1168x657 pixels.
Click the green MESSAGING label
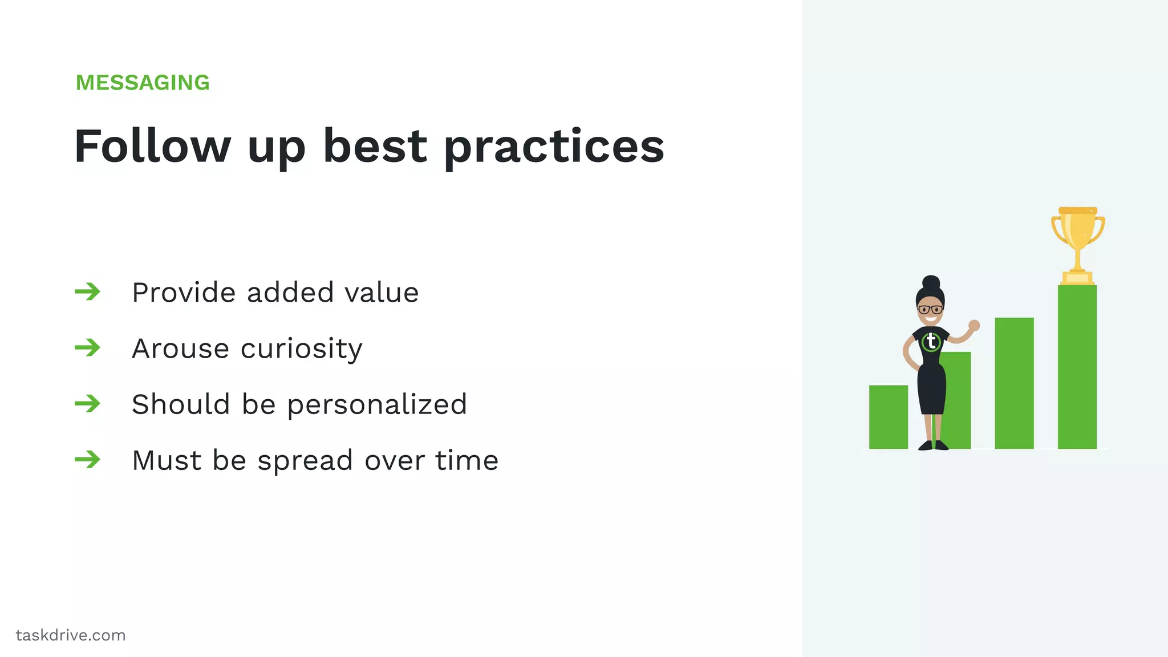tap(143, 83)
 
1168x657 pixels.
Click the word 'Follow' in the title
tap(152, 146)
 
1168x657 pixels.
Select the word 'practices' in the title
tap(554, 147)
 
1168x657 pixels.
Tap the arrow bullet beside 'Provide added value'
tap(87, 292)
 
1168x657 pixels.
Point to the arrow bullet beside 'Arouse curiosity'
tap(87, 347)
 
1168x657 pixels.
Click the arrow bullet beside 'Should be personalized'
tap(87, 404)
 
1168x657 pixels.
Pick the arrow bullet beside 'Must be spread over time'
tap(87, 459)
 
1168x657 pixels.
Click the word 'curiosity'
tap(302, 349)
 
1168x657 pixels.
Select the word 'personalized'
tap(377, 405)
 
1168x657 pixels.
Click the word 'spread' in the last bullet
tap(305, 461)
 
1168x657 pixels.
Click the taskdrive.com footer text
tap(71, 635)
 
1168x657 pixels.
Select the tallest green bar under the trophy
tap(1077, 367)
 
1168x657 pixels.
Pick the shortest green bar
tap(888, 417)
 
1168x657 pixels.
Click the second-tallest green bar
tap(1014, 383)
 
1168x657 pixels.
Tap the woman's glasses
tap(930, 310)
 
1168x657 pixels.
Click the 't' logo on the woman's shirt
tap(931, 342)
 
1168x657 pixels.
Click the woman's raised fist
tap(974, 325)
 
